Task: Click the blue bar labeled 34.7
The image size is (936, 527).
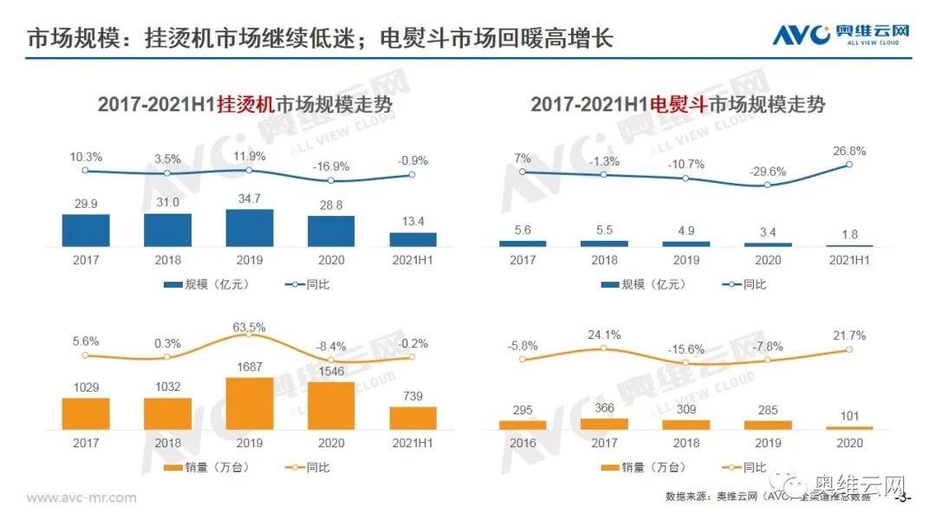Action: [250, 228]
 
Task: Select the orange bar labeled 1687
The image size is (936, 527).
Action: [250, 403]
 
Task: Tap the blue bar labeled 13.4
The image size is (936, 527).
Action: [413, 239]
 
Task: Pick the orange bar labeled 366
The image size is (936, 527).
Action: [604, 424]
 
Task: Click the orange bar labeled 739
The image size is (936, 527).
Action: [413, 418]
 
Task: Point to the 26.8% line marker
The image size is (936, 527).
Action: [848, 165]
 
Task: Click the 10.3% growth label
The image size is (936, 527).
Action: [86, 157]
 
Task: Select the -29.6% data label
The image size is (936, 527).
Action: [767, 171]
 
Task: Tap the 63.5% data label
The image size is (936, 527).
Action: [250, 327]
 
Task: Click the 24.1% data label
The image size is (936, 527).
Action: [604, 335]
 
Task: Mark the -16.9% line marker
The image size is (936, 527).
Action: [330, 180]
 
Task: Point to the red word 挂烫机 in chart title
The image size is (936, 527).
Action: [245, 105]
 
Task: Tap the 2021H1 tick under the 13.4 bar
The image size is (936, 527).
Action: [413, 260]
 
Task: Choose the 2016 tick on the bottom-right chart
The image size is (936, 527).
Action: [523, 443]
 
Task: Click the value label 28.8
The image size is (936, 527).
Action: [331, 201]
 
